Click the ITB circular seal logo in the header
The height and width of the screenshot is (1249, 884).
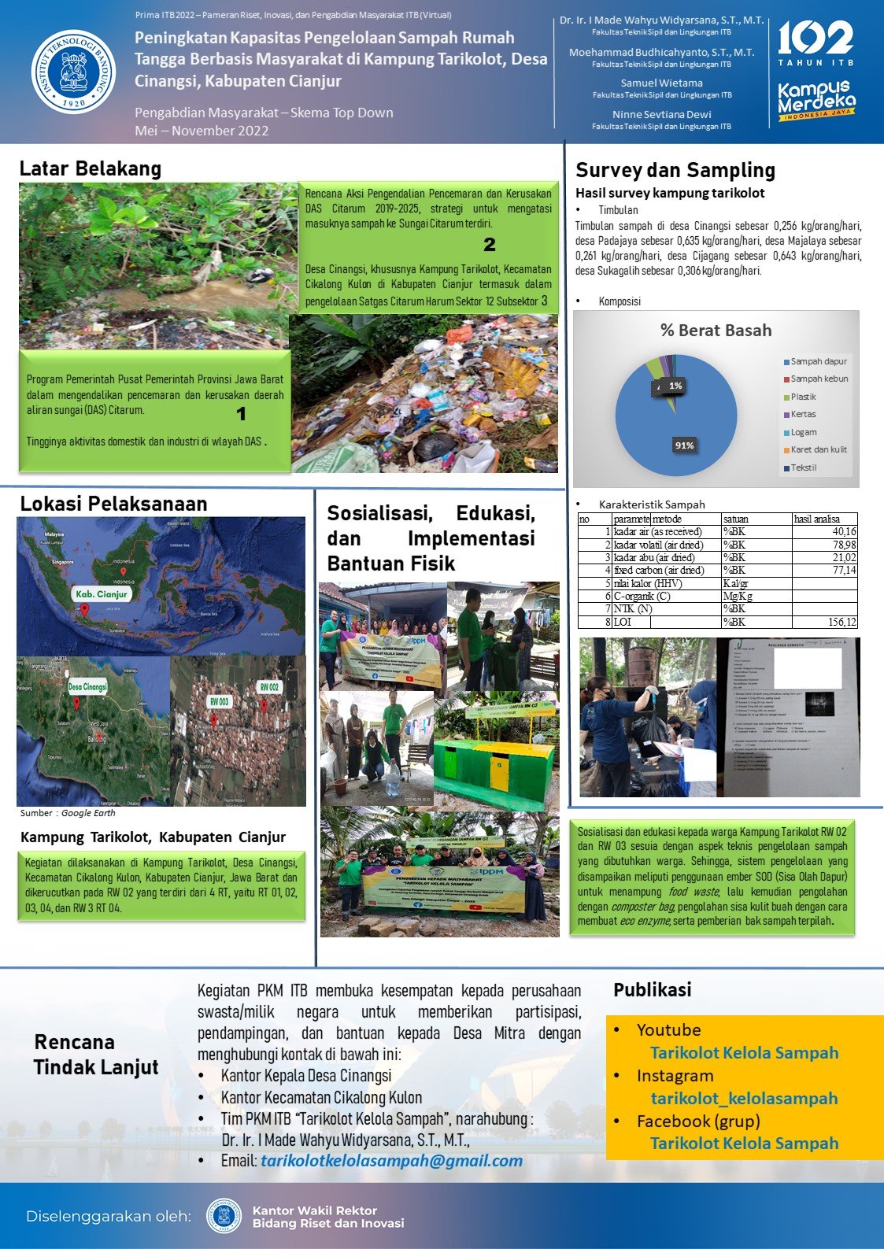click(x=73, y=72)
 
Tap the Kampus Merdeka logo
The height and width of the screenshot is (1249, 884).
click(x=816, y=100)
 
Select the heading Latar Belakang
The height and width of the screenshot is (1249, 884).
click(x=90, y=168)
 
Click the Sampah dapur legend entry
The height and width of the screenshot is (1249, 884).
click(x=818, y=362)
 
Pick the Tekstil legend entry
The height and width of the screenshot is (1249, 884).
click(x=803, y=467)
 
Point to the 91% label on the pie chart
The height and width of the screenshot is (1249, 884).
click(x=684, y=445)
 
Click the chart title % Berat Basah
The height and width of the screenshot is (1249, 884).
click(x=716, y=331)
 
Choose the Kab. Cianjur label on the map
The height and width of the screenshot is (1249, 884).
click(x=101, y=594)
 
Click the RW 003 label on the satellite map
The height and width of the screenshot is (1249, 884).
click(x=219, y=701)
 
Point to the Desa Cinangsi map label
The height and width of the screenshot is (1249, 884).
click(x=87, y=686)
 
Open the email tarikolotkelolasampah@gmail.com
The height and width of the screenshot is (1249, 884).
click(x=391, y=1161)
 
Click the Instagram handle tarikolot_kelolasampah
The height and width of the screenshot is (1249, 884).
click(x=744, y=1099)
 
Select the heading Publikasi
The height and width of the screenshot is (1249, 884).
click(x=652, y=990)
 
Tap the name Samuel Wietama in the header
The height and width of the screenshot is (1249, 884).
click(x=661, y=83)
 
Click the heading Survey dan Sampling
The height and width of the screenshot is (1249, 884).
click(x=675, y=170)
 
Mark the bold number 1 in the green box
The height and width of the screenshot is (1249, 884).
click(x=241, y=414)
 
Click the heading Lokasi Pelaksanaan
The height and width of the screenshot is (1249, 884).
click(x=113, y=504)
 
